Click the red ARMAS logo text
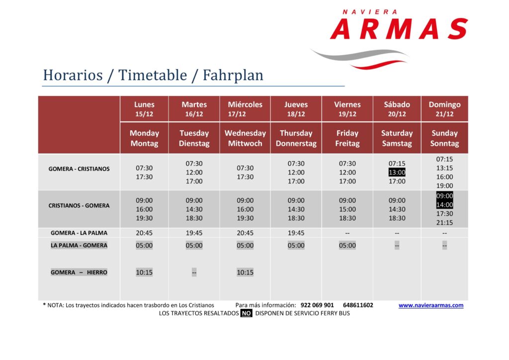tap(399, 28)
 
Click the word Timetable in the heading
tap(153, 75)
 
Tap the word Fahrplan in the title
tap(233, 75)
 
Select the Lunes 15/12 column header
tap(144, 109)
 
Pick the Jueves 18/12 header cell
tap(296, 109)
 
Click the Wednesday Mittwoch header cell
tap(245, 138)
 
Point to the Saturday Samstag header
tap(397, 138)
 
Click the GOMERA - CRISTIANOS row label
tap(79, 169)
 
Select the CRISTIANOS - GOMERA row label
tap(79, 205)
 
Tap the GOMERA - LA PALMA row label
tap(79, 233)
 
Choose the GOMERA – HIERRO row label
tap(79, 272)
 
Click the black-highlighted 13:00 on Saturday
tap(397, 173)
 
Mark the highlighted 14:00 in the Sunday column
tap(444, 205)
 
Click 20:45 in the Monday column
tap(144, 233)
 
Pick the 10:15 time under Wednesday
tap(245, 272)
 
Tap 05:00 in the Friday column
tap(347, 246)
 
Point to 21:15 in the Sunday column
tap(444, 223)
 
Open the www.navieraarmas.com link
tap(431, 305)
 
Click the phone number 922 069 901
tap(317, 305)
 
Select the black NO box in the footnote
tap(247, 313)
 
